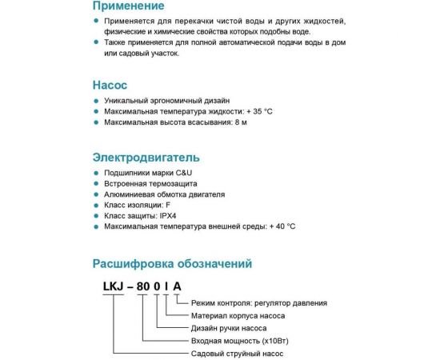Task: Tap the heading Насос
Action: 110,84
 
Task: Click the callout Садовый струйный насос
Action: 238,353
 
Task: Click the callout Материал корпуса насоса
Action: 242,315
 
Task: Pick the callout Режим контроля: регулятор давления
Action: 259,303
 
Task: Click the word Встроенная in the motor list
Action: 125,183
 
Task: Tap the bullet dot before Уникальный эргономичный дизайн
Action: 97,101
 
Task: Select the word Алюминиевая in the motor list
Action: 129,194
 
